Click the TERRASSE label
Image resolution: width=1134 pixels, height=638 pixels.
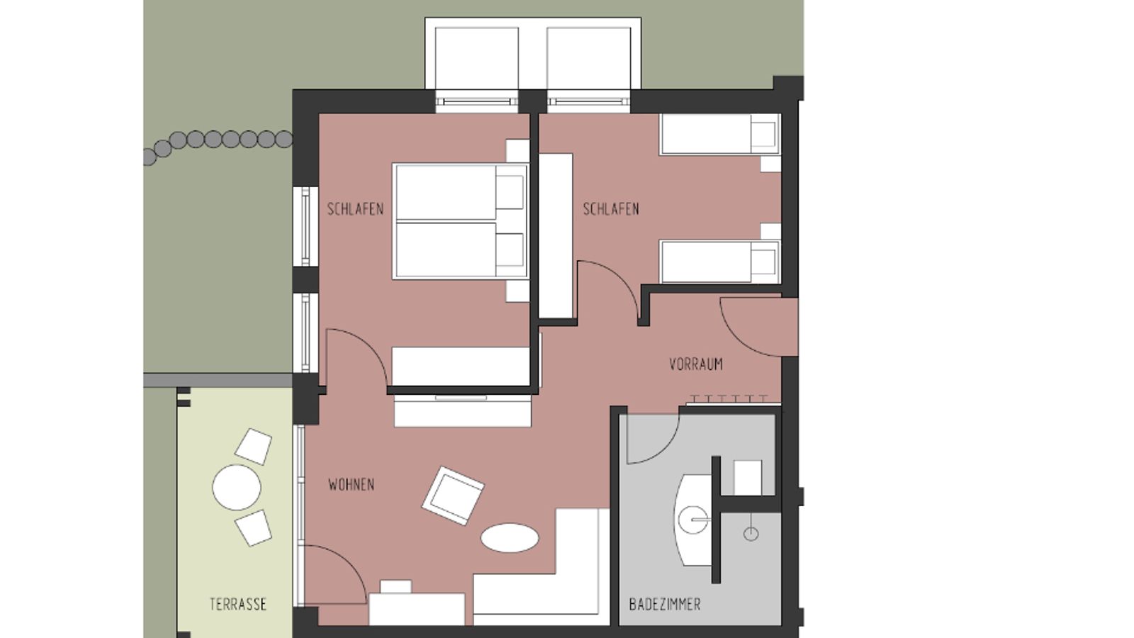coord(238,605)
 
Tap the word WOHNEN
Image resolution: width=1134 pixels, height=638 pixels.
coord(352,485)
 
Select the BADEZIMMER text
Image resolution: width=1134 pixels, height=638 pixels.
coord(665,605)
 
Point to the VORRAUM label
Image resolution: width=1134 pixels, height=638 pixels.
coord(696,364)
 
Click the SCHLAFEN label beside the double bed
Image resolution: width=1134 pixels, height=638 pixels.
coord(355,209)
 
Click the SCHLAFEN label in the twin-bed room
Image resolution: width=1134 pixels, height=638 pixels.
coord(611,209)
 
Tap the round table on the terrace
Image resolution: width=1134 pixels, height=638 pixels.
coord(237,488)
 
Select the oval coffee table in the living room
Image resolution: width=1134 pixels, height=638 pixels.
coord(509,537)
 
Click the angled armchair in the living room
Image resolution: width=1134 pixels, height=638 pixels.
coord(453,496)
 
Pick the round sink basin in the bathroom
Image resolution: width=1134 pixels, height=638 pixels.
coord(692,520)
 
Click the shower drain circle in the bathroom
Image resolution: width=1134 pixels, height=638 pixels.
coord(751,534)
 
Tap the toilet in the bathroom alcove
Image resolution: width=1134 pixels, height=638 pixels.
coord(747,476)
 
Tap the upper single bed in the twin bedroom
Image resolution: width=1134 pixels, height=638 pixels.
coord(719,135)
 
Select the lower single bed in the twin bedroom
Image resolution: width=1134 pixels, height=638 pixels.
coord(719,262)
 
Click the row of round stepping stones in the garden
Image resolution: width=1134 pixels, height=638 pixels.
coord(220,140)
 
